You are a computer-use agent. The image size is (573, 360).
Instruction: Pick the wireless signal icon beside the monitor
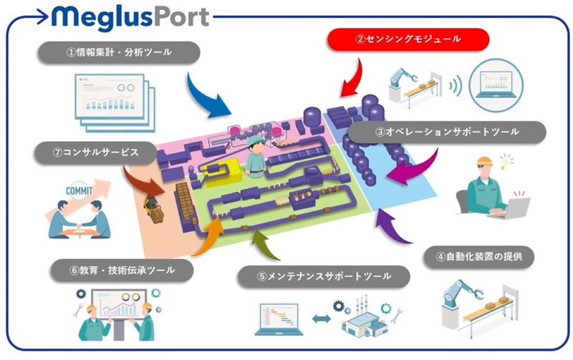click(453, 89)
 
